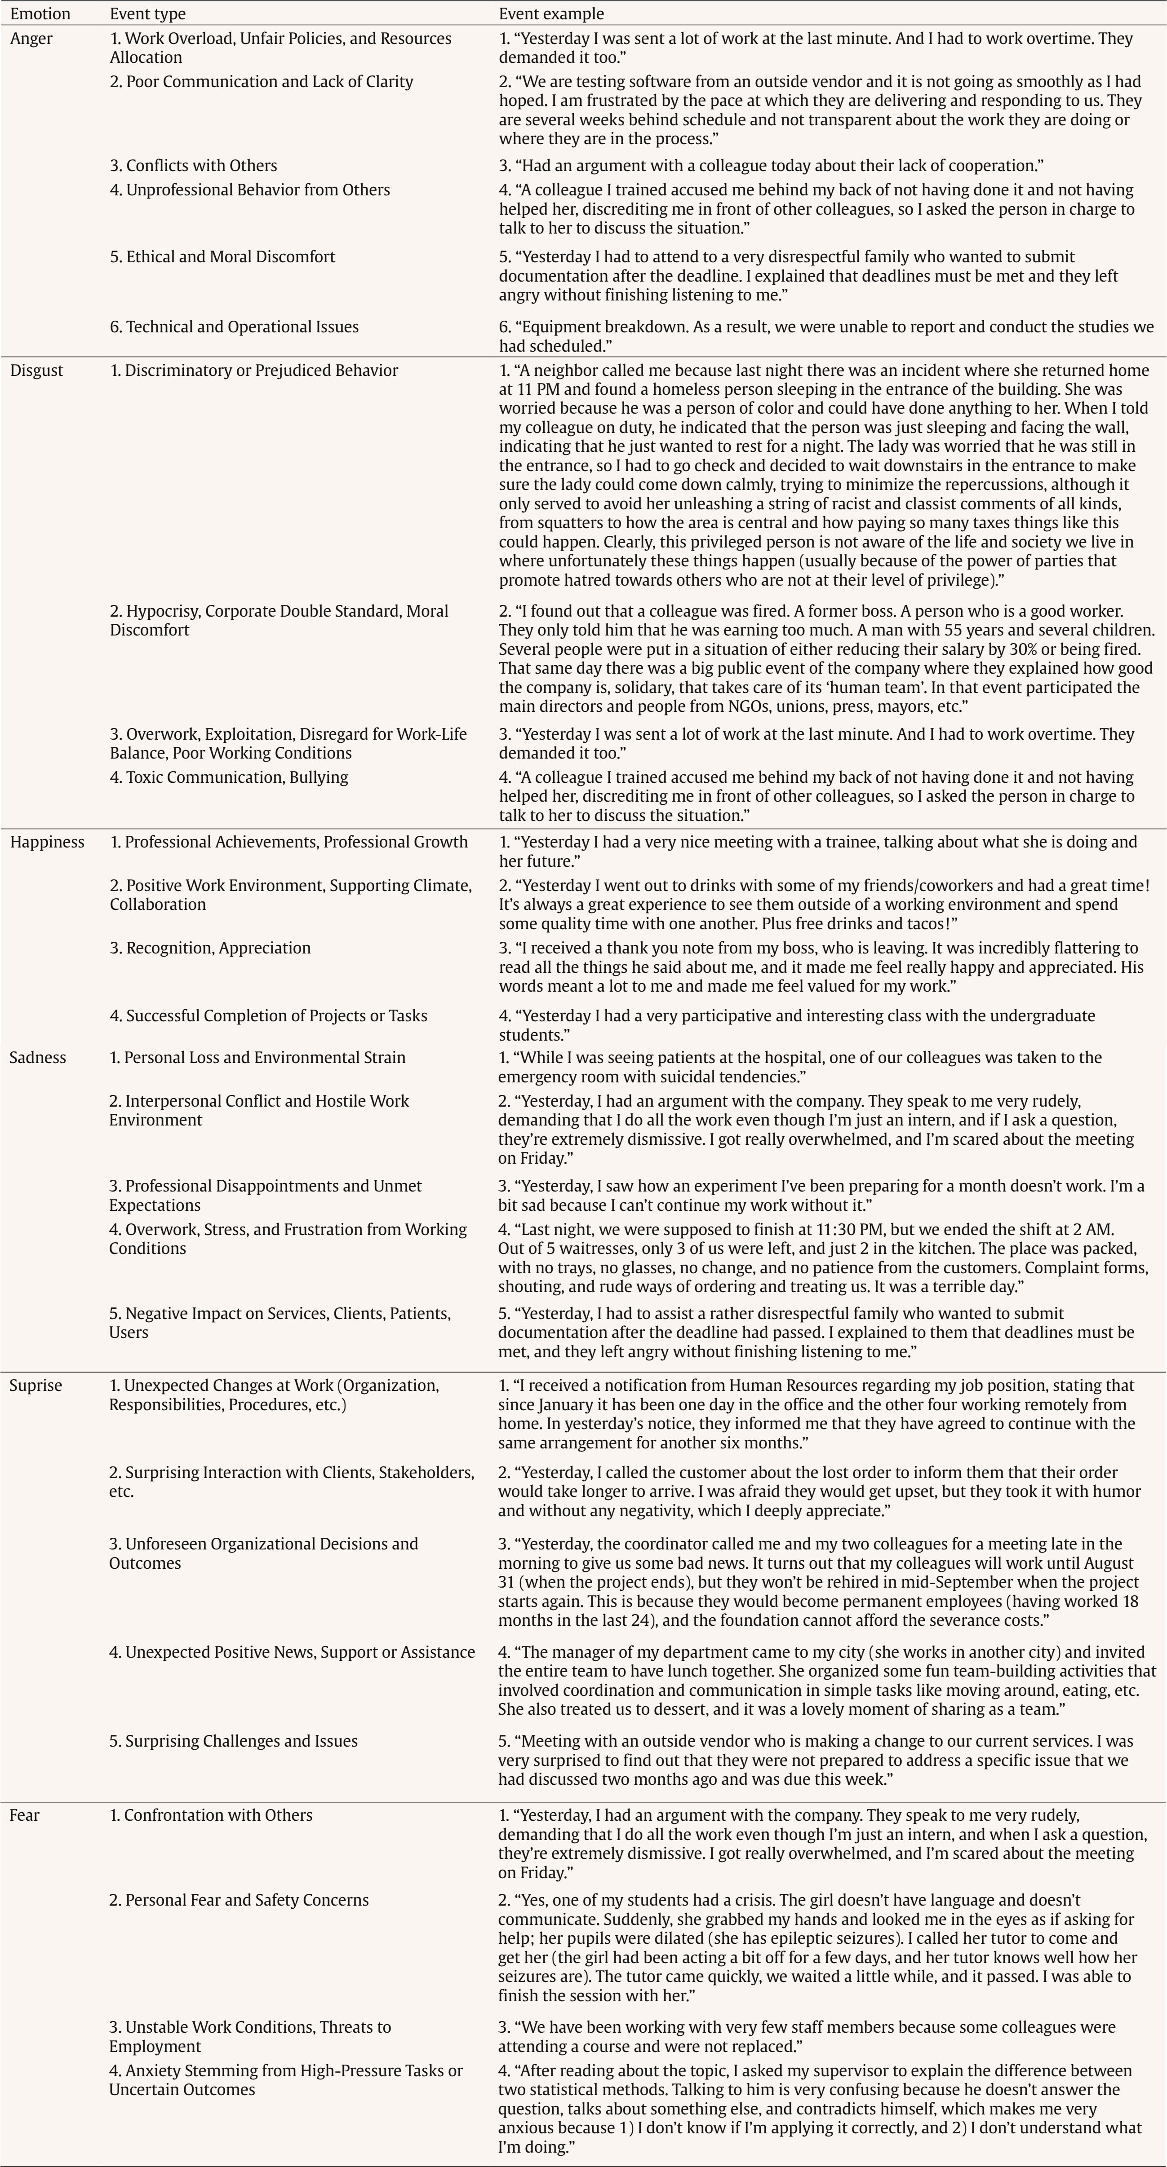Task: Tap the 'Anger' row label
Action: [31, 39]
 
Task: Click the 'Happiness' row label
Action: [47, 842]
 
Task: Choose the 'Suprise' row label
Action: [35, 1386]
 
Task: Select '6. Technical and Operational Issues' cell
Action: [234, 327]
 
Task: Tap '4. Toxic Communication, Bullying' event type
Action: [229, 777]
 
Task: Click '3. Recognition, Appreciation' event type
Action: [210, 948]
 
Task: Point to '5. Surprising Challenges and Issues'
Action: [233, 1741]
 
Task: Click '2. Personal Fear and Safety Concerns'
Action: [239, 1900]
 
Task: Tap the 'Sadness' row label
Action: [37, 1057]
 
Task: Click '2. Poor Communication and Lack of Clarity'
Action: [262, 82]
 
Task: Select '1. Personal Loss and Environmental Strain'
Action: [257, 1057]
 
